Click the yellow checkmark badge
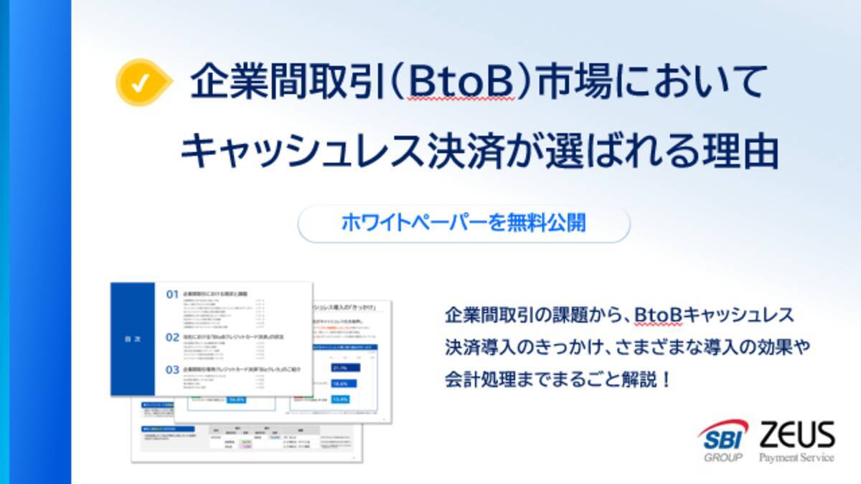141,83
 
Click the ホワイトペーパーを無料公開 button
464,223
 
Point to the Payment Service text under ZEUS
796,457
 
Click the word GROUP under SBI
721,457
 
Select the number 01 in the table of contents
171,295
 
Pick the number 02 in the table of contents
171,336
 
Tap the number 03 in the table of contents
171,370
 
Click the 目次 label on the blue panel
133,340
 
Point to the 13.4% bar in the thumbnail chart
341,399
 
